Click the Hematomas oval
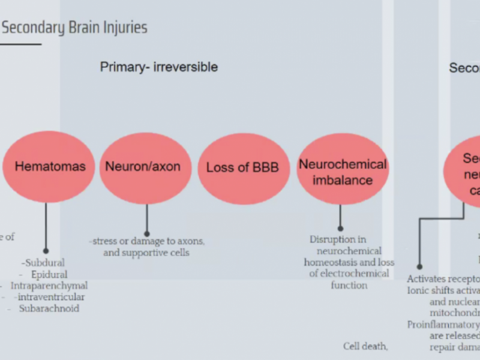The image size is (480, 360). (50, 167)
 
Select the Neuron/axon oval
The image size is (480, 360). (143, 167)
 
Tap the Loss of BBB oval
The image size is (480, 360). (242, 167)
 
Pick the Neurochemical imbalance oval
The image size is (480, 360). (343, 172)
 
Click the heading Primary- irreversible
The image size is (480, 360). (158, 67)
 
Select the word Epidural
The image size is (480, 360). (49, 274)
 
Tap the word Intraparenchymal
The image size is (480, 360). (49, 286)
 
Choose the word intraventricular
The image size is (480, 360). (51, 297)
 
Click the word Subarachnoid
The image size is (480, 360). (49, 308)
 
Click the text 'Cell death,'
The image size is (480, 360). (365, 346)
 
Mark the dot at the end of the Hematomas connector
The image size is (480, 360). (46, 251)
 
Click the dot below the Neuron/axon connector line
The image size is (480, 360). (146, 234)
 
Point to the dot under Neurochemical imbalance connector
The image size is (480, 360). (340, 228)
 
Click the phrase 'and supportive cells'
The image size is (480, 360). (146, 253)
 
